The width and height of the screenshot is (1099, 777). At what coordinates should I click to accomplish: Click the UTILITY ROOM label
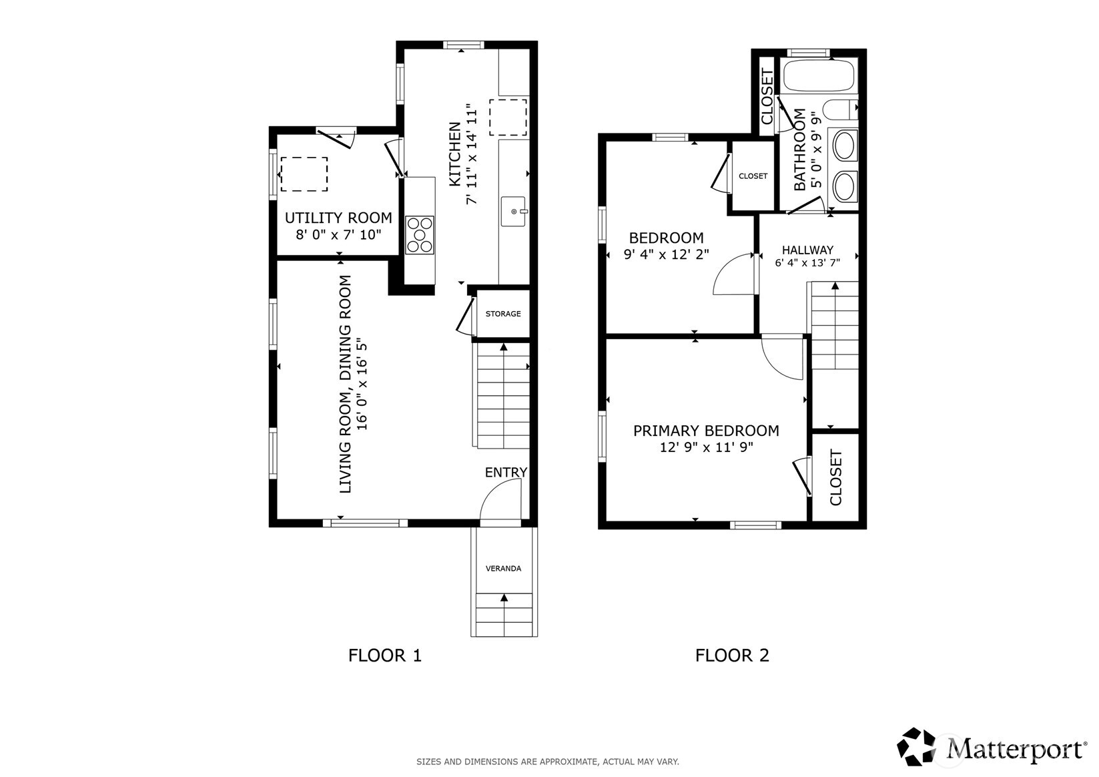(338, 218)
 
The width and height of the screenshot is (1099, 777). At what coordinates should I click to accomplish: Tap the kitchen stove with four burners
(420, 235)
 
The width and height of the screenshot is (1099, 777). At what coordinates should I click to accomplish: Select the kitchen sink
(514, 212)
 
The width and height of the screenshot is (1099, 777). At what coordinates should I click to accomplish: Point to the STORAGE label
(503, 314)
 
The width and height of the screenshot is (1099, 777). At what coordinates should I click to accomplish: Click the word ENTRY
(506, 472)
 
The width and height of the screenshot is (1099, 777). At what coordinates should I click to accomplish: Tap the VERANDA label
(503, 568)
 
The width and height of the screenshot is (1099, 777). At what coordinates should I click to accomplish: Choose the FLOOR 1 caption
(384, 656)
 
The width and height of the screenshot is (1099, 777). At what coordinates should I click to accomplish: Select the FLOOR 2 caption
(732, 656)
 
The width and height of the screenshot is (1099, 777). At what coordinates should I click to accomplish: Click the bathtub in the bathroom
(818, 75)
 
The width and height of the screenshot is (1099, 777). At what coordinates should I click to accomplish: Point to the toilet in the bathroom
(841, 109)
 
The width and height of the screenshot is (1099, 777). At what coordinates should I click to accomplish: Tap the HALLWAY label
(807, 250)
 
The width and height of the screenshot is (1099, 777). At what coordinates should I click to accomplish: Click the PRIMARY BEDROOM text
(706, 431)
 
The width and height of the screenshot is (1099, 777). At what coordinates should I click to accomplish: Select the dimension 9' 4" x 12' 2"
(666, 255)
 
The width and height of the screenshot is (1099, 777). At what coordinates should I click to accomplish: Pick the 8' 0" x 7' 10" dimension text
(338, 234)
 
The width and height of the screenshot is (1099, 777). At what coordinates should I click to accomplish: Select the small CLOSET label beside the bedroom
(753, 176)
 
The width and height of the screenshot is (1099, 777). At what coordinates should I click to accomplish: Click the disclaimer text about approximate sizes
(548, 762)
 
